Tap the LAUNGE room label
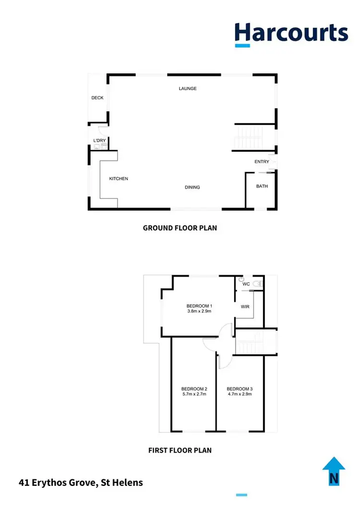pyautogui.click(x=188, y=89)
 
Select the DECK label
pyautogui.click(x=97, y=98)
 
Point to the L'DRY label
pyautogui.click(x=99, y=141)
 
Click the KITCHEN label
pyautogui.click(x=119, y=179)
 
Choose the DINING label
pyautogui.click(x=192, y=187)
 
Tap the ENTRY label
pyautogui.click(x=262, y=162)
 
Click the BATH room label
pyautogui.click(x=262, y=186)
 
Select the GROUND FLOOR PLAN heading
pyautogui.click(x=180, y=228)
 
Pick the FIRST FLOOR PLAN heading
pyautogui.click(x=180, y=450)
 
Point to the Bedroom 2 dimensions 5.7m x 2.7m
pyautogui.click(x=194, y=394)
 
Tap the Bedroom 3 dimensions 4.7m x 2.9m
pyautogui.click(x=239, y=394)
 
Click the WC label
pyautogui.click(x=246, y=284)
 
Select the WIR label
pyautogui.click(x=245, y=306)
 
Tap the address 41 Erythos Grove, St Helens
pyautogui.click(x=81, y=482)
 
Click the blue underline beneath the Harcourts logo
pyautogui.click(x=242, y=46)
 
